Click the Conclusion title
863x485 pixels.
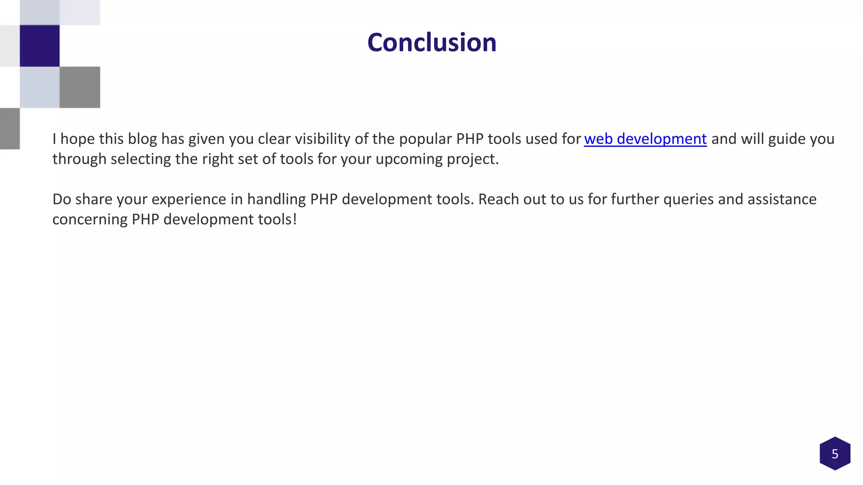click(431, 43)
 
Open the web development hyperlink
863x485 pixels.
click(645, 139)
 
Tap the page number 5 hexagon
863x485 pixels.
click(835, 453)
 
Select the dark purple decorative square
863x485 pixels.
click(40, 46)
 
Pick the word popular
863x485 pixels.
click(426, 139)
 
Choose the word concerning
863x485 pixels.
click(90, 219)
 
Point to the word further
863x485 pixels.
click(635, 199)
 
